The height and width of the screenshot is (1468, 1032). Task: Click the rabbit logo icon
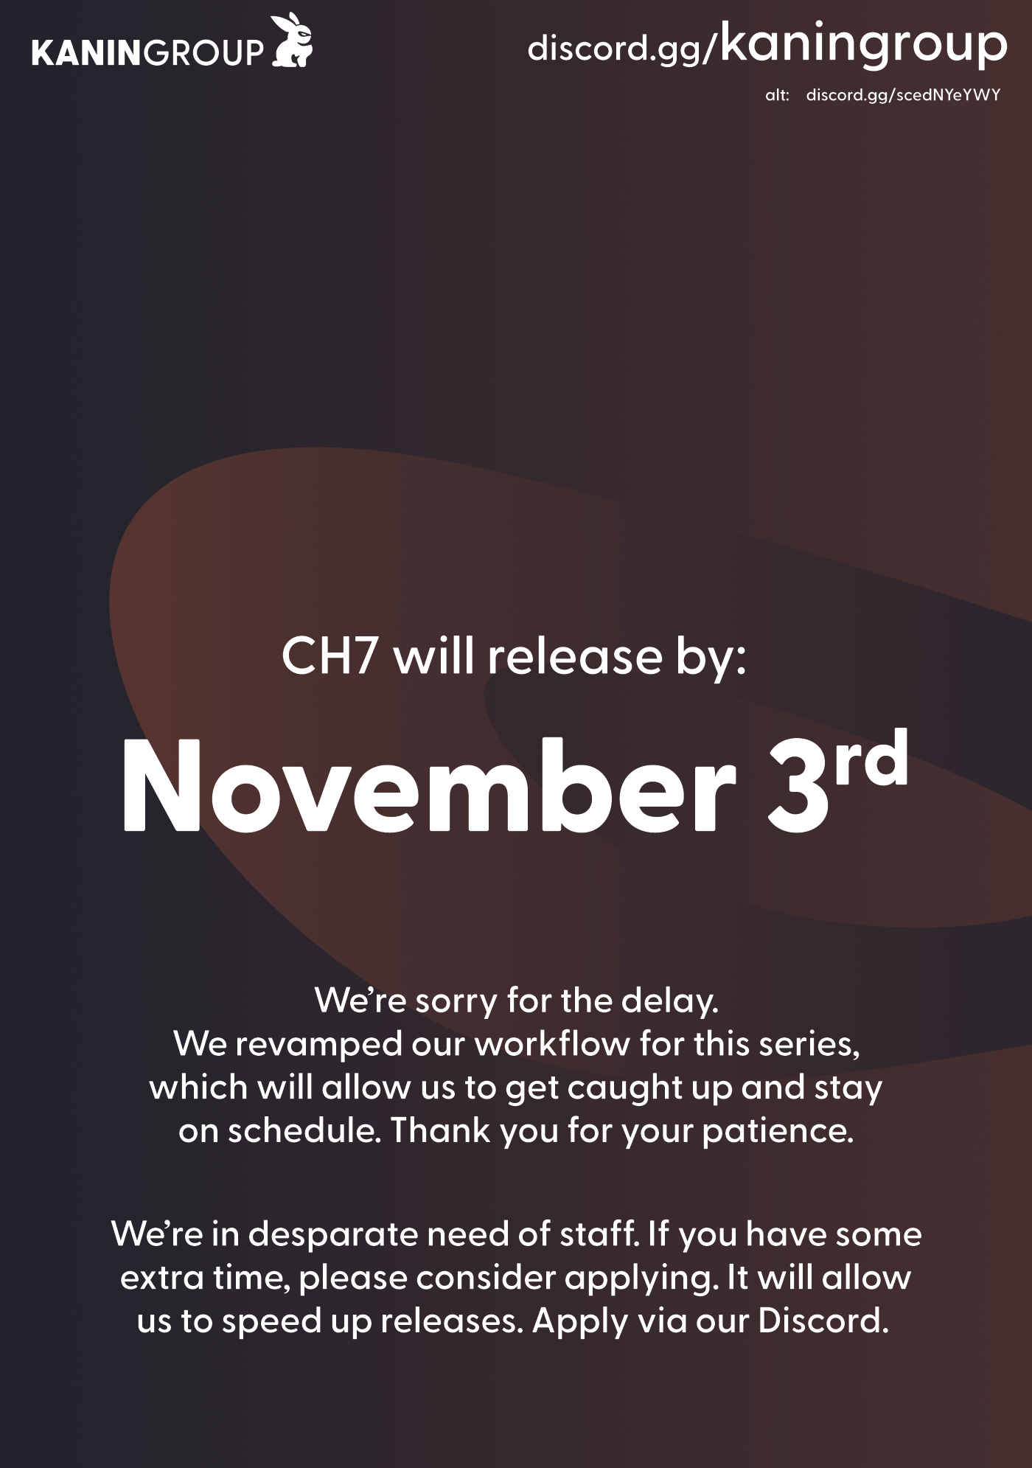pyautogui.click(x=293, y=41)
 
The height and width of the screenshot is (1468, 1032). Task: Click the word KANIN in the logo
pyautogui.click(x=86, y=53)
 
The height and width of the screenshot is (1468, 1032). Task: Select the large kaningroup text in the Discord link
pyautogui.click(x=863, y=44)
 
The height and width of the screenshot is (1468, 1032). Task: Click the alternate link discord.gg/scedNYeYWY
pyautogui.click(x=903, y=95)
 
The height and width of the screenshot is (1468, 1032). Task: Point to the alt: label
pyautogui.click(x=777, y=95)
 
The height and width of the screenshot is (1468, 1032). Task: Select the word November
pyautogui.click(x=429, y=786)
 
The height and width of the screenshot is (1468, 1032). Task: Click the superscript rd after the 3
pyautogui.click(x=871, y=759)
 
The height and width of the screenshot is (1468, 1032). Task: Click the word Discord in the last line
pyautogui.click(x=823, y=1321)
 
